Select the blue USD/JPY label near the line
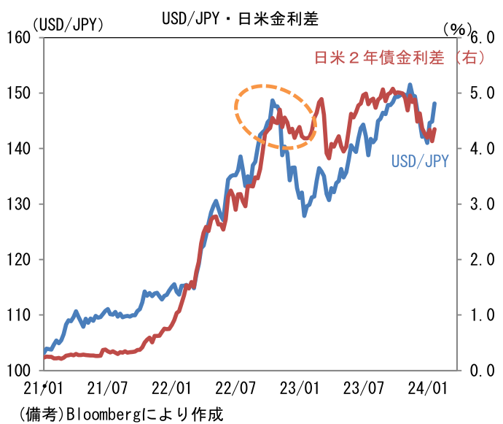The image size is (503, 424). click(419, 161)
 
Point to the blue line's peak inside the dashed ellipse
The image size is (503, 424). click(272, 101)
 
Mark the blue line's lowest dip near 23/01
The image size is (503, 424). click(305, 215)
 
